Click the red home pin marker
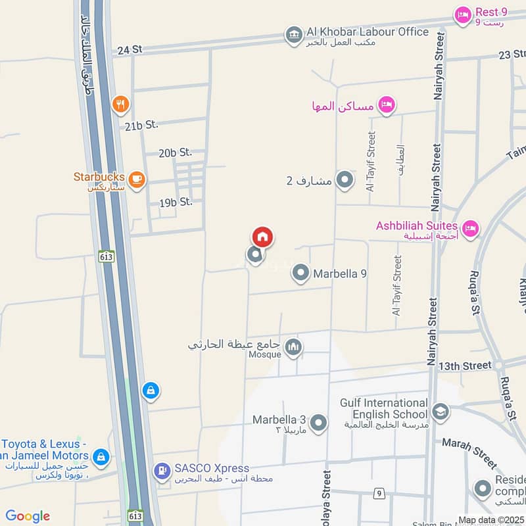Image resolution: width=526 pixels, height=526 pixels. coord(262,237)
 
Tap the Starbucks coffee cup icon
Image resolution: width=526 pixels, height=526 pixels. coord(136,179)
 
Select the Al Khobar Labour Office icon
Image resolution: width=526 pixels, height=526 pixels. coord(294,34)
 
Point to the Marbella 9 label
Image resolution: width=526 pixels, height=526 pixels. coord(340,274)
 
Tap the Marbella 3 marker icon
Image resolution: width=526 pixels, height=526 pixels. coord(318,423)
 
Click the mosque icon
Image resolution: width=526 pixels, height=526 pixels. coord(293,348)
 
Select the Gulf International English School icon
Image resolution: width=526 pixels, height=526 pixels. coord(439,412)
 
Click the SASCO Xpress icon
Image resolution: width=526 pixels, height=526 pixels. coord(161,471)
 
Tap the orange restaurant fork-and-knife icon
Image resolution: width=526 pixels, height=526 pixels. coord(120,103)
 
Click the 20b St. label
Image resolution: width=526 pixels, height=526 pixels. coord(175,153)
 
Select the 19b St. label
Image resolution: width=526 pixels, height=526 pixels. coord(176,202)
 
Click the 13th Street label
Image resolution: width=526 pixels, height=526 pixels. coord(465,365)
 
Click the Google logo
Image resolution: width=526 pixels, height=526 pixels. coord(28,516)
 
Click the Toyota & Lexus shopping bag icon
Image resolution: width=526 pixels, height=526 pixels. coord(101,456)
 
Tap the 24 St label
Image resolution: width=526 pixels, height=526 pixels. coord(130,49)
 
